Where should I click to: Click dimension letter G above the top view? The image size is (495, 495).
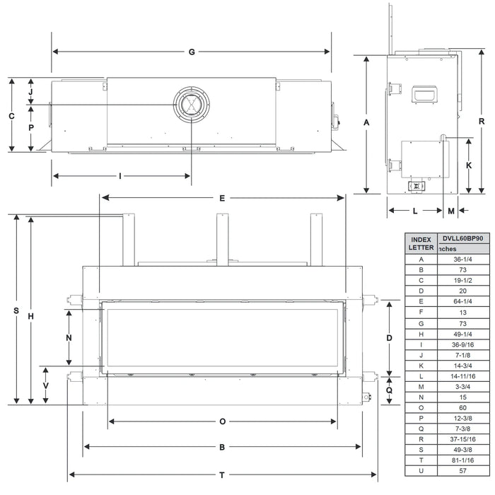192,52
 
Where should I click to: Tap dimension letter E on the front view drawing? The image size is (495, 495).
222,199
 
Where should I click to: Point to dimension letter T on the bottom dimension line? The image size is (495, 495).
222,474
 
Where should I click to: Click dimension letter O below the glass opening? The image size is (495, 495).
222,421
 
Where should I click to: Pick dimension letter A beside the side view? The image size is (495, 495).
366,123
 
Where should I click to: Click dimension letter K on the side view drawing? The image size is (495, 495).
469,165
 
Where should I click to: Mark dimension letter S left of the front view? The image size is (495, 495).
16,310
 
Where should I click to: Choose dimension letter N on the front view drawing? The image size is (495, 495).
69,337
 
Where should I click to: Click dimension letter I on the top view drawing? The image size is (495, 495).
120,175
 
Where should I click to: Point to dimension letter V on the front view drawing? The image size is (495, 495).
46,386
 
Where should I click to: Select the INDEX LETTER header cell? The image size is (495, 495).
421,243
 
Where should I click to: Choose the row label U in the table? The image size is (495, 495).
421,470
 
